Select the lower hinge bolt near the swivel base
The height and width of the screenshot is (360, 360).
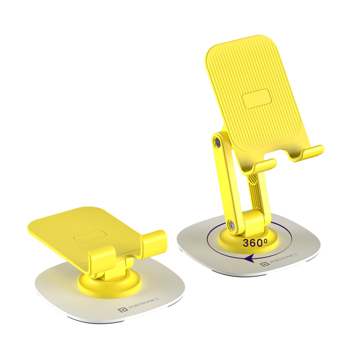pyautogui.click(x=232, y=224)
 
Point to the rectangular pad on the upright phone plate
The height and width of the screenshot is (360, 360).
pyautogui.click(x=257, y=98)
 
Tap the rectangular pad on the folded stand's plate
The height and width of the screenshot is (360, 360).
pyautogui.click(x=90, y=236)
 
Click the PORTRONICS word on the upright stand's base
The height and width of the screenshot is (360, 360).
pyautogui.click(x=283, y=259)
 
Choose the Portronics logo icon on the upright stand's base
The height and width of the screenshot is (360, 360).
pyautogui.click(x=264, y=264)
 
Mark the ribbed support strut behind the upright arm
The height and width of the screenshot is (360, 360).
pyautogui.click(x=255, y=192)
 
